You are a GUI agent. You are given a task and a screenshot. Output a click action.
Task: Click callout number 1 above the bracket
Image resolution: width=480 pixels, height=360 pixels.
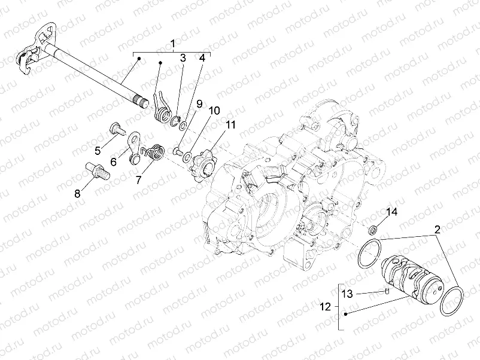(172, 44)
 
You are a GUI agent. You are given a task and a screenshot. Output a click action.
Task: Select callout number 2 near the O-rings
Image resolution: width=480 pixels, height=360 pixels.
(437, 229)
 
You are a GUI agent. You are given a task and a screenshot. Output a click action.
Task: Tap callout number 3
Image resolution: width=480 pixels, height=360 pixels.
(183, 58)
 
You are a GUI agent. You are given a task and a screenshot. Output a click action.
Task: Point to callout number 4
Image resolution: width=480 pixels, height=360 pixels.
(202, 58)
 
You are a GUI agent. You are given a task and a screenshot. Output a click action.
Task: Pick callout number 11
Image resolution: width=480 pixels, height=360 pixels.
(230, 124)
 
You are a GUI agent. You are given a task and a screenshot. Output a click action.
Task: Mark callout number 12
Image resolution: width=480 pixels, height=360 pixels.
(325, 307)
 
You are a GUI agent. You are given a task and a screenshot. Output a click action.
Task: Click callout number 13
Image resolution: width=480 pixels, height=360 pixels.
(348, 293)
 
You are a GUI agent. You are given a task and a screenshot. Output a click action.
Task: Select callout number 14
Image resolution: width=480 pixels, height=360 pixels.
(391, 212)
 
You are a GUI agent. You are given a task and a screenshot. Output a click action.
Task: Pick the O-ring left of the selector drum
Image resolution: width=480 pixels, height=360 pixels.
(369, 254)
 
